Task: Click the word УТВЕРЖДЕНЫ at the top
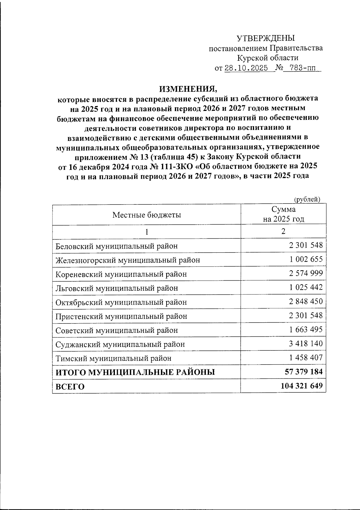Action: click(x=265, y=38)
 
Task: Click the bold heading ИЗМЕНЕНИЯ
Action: click(x=187, y=89)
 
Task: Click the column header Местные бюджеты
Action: click(x=147, y=215)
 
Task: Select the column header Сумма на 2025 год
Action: click(x=283, y=214)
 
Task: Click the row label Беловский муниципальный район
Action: click(x=117, y=246)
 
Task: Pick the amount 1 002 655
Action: click(x=306, y=259)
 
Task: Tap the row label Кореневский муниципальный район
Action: click(x=121, y=274)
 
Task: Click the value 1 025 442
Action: click(x=306, y=287)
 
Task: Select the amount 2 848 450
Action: click(x=306, y=301)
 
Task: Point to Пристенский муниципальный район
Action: click(x=121, y=316)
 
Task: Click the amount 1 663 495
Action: click(x=306, y=330)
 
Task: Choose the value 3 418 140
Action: click(x=306, y=344)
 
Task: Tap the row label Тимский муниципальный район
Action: click(x=114, y=358)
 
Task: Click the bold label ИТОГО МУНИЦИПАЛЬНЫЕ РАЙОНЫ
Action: click(x=135, y=372)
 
